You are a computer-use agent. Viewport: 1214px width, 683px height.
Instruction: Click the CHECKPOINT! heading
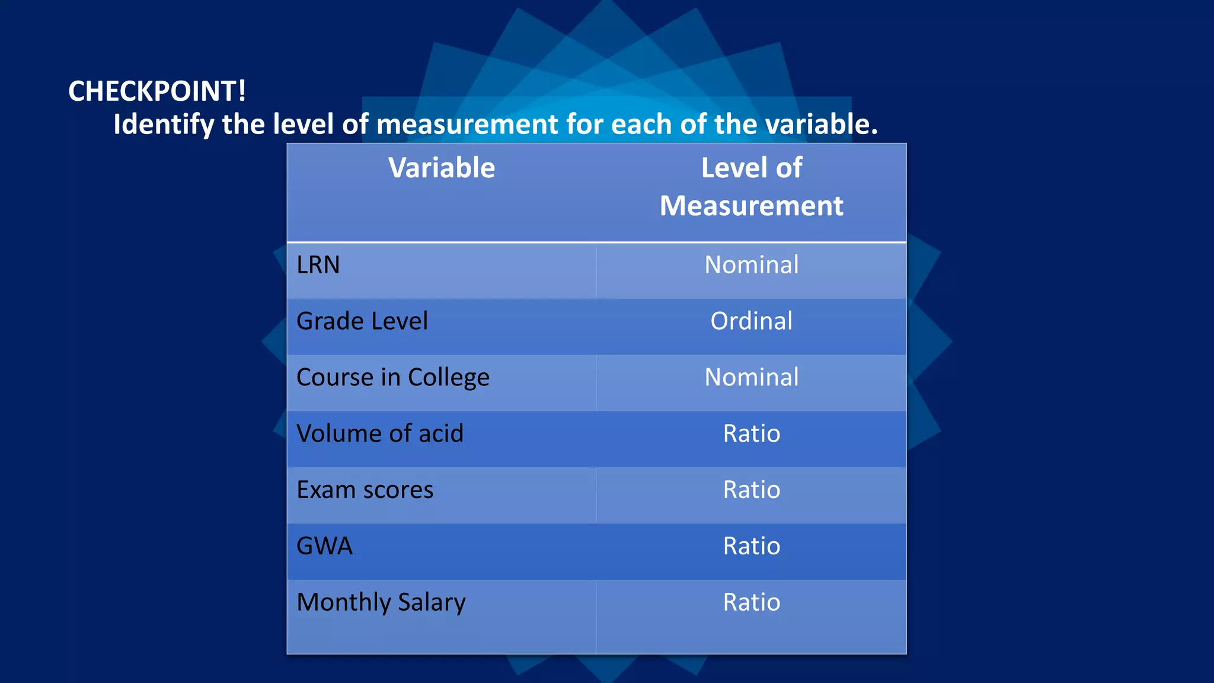pos(157,91)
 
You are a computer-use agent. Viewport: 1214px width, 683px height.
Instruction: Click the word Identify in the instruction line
pos(164,125)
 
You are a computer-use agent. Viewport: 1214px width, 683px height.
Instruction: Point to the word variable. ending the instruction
pos(822,125)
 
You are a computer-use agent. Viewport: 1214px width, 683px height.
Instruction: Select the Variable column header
pos(442,168)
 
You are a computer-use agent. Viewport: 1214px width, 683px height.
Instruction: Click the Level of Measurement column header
pos(751,187)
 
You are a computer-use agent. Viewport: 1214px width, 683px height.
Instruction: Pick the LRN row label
pos(318,265)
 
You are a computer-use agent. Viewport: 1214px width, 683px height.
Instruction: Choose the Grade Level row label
pos(362,321)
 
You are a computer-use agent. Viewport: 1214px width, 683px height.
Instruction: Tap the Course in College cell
pos(393,378)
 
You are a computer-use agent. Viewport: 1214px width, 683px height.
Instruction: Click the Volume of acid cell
pos(380,433)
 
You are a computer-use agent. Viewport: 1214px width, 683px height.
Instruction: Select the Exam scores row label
pos(365,490)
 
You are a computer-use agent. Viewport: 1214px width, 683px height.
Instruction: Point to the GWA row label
pos(324,546)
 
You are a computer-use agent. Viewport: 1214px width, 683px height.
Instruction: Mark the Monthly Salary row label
pos(381,602)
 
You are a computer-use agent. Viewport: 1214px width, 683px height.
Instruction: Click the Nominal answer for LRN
pos(751,265)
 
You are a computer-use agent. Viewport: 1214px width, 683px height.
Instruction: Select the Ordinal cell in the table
pos(751,321)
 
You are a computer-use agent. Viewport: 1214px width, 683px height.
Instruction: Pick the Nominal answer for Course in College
pos(751,378)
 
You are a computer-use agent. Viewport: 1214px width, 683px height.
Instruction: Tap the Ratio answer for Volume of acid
pos(751,433)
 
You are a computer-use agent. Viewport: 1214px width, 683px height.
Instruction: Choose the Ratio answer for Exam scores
pos(751,490)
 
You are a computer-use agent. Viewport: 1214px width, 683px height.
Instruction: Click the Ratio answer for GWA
pos(751,546)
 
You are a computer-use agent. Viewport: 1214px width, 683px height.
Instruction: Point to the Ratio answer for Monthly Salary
pos(751,602)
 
